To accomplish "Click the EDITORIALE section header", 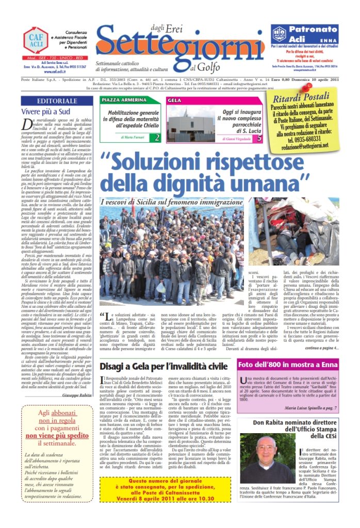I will click(57, 101).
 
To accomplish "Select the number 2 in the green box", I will click(157, 137).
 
